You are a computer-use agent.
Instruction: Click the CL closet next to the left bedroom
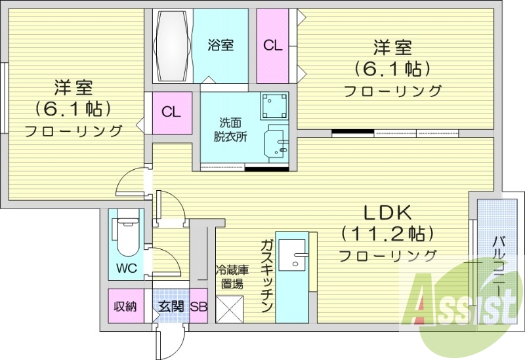click(171, 111)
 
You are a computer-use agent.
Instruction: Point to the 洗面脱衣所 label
click(229, 130)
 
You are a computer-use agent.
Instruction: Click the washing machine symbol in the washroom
click(274, 104)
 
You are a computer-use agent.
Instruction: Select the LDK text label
click(387, 212)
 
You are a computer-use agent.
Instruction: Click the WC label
click(127, 268)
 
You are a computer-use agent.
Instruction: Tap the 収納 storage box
click(125, 306)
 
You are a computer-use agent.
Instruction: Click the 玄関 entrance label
click(171, 306)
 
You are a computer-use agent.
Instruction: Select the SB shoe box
click(199, 306)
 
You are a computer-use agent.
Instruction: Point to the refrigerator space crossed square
click(230, 308)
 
